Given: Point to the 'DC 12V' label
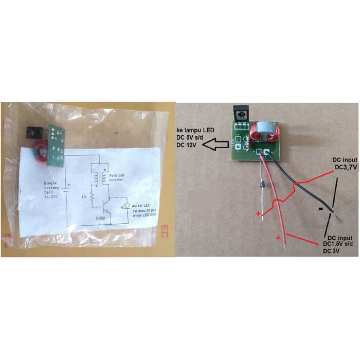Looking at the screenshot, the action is [188, 147].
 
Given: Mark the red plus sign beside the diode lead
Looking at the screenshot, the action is [258, 212].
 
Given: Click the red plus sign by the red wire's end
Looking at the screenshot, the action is [279, 238].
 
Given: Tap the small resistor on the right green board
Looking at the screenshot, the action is [250, 139].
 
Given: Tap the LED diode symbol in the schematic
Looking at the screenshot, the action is [123, 206].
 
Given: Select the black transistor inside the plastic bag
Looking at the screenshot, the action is [32, 133].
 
